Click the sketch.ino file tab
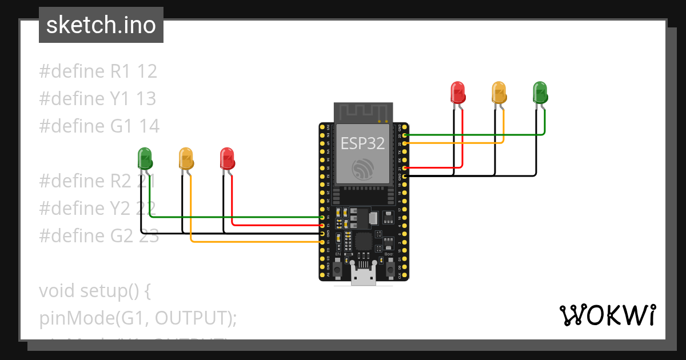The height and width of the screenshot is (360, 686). point(101,25)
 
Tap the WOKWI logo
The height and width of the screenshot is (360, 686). point(607,315)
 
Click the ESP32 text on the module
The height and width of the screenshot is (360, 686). point(363,143)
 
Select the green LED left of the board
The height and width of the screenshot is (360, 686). point(145,158)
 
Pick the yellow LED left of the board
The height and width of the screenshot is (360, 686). point(186,158)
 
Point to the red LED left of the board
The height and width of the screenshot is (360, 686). point(227,158)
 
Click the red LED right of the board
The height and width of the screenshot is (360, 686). point(458,92)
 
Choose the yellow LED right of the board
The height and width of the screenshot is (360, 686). point(499,92)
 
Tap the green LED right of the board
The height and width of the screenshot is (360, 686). point(540,92)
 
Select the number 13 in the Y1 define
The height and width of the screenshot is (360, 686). point(146,99)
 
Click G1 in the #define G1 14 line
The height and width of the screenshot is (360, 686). point(122,126)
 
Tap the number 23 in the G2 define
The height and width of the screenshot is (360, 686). point(149,235)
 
